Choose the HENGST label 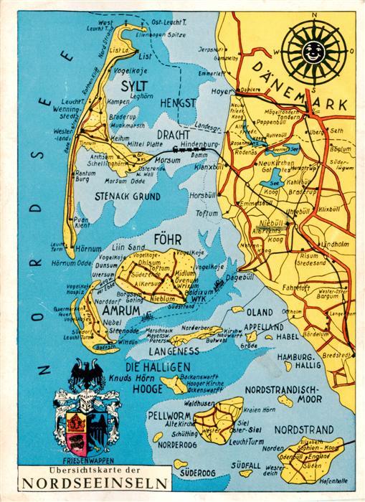[x=179, y=103]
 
